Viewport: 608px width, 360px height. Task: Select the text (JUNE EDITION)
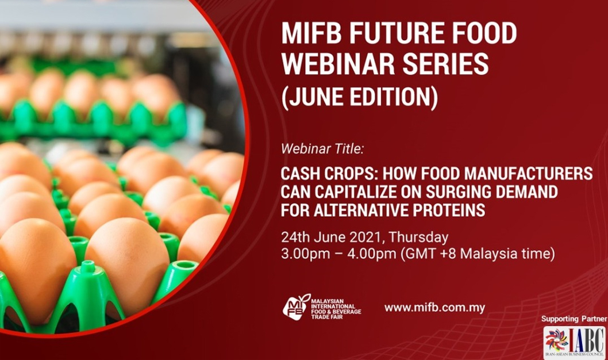(359, 97)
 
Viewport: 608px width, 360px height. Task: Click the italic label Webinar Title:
(322, 150)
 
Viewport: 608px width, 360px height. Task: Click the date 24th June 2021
(332, 237)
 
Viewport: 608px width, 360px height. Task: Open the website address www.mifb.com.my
(434, 308)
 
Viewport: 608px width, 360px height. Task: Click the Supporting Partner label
(574, 319)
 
